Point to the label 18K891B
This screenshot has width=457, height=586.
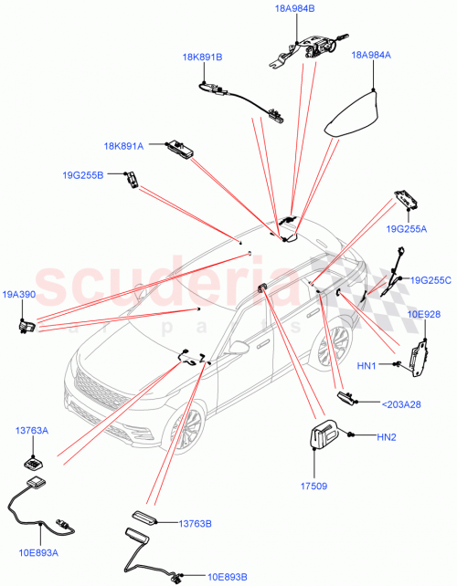pyautogui.click(x=202, y=58)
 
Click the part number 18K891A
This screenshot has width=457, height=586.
pyautogui.click(x=123, y=144)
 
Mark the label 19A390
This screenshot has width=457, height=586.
pyautogui.click(x=18, y=295)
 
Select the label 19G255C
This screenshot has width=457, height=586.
pyautogui.click(x=431, y=280)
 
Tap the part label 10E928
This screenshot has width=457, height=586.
pyautogui.click(x=424, y=314)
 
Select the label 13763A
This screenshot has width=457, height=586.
pyautogui.click(x=31, y=430)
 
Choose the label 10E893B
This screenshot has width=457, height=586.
pyautogui.click(x=227, y=576)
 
